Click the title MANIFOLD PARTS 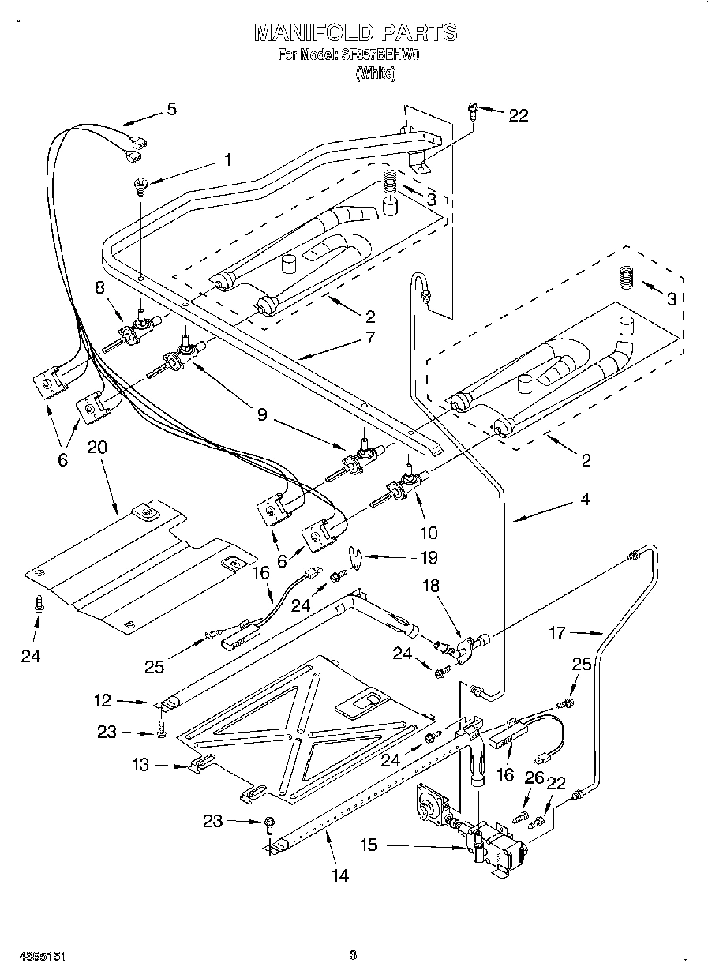(355, 32)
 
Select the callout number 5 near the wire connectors (171, 110)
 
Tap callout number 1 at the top (227, 159)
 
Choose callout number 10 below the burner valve (429, 533)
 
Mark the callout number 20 (99, 448)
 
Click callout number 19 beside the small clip (428, 557)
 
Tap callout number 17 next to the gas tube (556, 631)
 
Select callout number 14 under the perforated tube (340, 875)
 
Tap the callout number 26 (534, 778)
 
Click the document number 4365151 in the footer (32, 957)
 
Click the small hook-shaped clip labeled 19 (358, 557)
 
